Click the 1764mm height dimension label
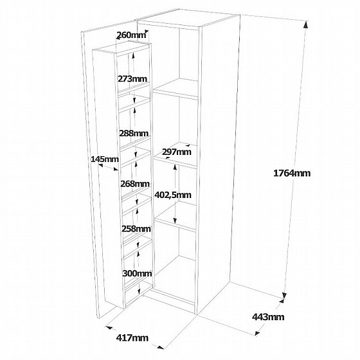pos(292,173)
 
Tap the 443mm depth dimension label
pos(268,317)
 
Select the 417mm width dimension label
pos(132,338)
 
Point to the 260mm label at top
pos(131,35)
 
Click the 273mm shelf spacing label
pos(132,78)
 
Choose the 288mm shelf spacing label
pos(134,133)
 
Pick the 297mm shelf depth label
pos(177,152)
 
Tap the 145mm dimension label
pos(105,159)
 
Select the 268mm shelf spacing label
pos(135,184)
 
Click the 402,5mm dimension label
pos(173,195)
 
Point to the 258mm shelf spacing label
pos(136,229)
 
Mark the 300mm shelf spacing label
pos(137,273)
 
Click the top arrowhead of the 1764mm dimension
pos(306,24)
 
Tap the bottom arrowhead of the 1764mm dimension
pos(285,296)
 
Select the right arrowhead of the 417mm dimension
pos(161,347)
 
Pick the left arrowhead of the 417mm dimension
pos(109,328)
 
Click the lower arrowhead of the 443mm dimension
pos(257,333)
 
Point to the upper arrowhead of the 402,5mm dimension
pos(175,168)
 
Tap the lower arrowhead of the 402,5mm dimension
pos(175,221)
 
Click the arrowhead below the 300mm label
pos(139,291)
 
